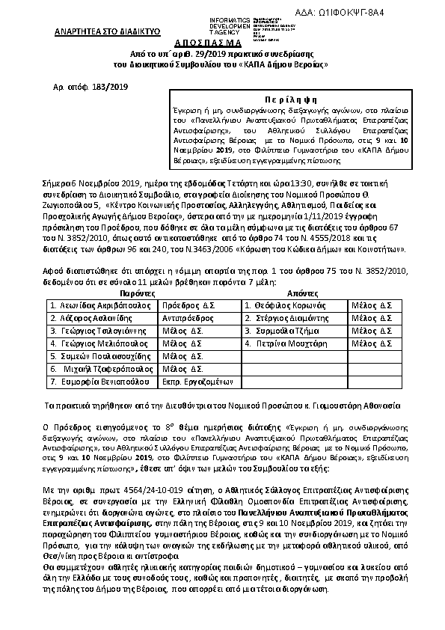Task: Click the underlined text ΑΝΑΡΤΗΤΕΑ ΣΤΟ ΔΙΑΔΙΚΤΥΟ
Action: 99,34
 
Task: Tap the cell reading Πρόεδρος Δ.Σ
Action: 188,306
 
